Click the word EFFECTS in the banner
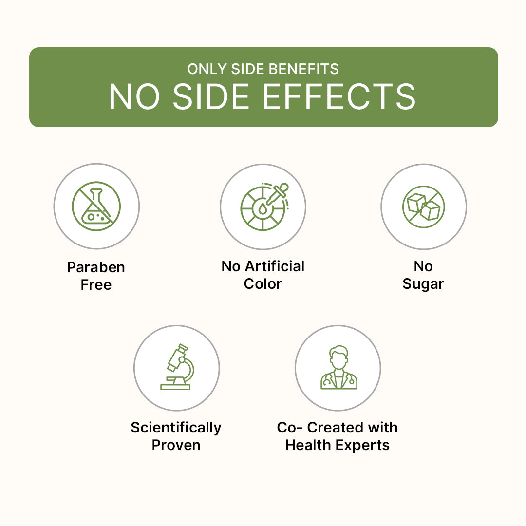[339, 96]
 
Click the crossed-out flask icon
[96, 207]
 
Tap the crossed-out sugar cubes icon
[424, 207]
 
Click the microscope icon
[177, 367]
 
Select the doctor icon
[339, 367]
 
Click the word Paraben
[96, 267]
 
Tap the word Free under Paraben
[96, 285]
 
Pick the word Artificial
[275, 266]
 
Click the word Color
[263, 284]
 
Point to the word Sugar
[423, 284]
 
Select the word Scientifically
[176, 428]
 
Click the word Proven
[176, 445]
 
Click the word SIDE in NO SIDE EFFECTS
[211, 96]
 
